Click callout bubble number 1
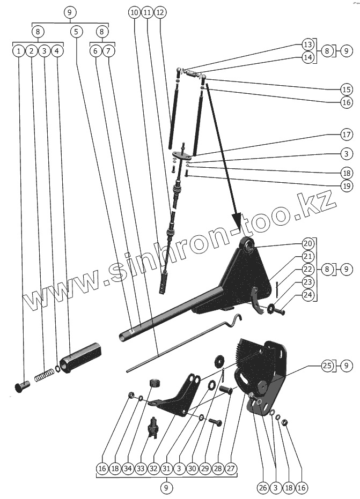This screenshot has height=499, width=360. pos(19,51)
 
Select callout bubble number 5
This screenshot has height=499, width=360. pos(76,32)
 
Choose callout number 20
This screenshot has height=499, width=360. pos(307,242)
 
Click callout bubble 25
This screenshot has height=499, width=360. pos(327,366)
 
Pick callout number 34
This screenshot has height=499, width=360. pos(127,468)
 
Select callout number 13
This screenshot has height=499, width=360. pos(307,44)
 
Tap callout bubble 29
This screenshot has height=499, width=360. pos(204,468)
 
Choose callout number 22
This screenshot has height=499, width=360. pos(307,269)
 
